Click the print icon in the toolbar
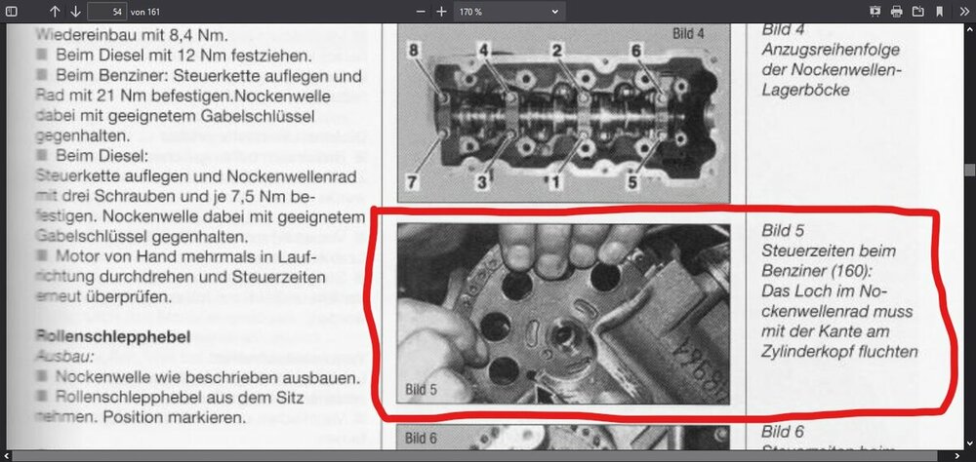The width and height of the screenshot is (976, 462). (896, 12)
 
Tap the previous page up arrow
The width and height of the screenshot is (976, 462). (54, 12)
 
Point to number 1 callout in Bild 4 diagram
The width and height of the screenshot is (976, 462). (557, 181)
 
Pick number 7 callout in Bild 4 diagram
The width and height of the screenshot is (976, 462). (413, 181)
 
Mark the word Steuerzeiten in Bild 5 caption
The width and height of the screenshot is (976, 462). (805, 250)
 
